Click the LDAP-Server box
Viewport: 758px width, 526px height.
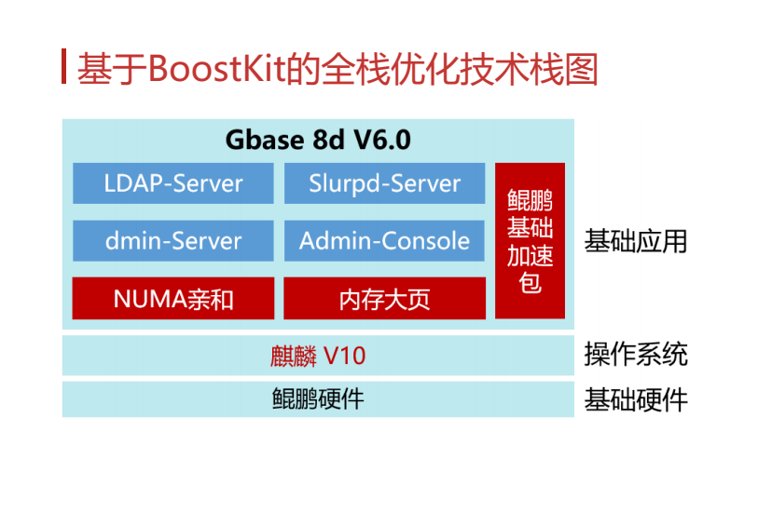(x=173, y=183)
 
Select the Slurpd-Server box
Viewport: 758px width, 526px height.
(x=384, y=183)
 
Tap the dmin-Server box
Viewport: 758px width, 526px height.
(x=173, y=241)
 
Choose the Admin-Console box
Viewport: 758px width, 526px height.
(x=384, y=241)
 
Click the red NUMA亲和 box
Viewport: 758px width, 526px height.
(x=173, y=299)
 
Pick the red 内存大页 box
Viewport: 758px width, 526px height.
(x=384, y=299)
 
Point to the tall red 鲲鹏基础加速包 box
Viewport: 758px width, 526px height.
(x=530, y=241)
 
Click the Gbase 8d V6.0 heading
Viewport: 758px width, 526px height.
(x=318, y=141)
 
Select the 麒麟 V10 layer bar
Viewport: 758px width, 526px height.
(x=318, y=355)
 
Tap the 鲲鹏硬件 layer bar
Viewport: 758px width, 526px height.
(x=318, y=399)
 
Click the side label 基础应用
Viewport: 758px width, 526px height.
(x=636, y=241)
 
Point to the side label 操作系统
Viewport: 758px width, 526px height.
(x=636, y=355)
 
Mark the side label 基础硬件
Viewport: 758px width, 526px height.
(x=636, y=400)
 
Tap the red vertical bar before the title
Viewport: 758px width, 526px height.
(x=64, y=67)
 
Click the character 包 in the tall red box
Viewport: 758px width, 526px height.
(x=530, y=282)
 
